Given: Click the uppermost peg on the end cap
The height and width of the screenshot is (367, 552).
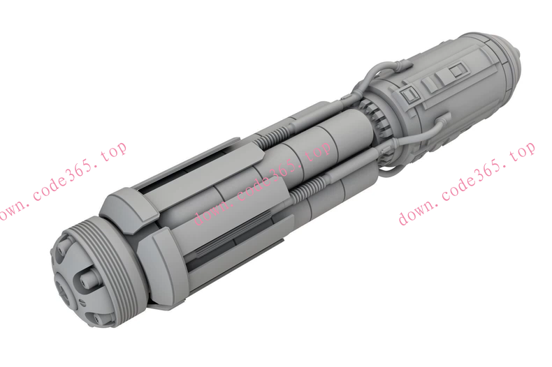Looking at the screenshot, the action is (62, 248).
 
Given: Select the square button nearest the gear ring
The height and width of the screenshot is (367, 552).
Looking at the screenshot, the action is (409, 95).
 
